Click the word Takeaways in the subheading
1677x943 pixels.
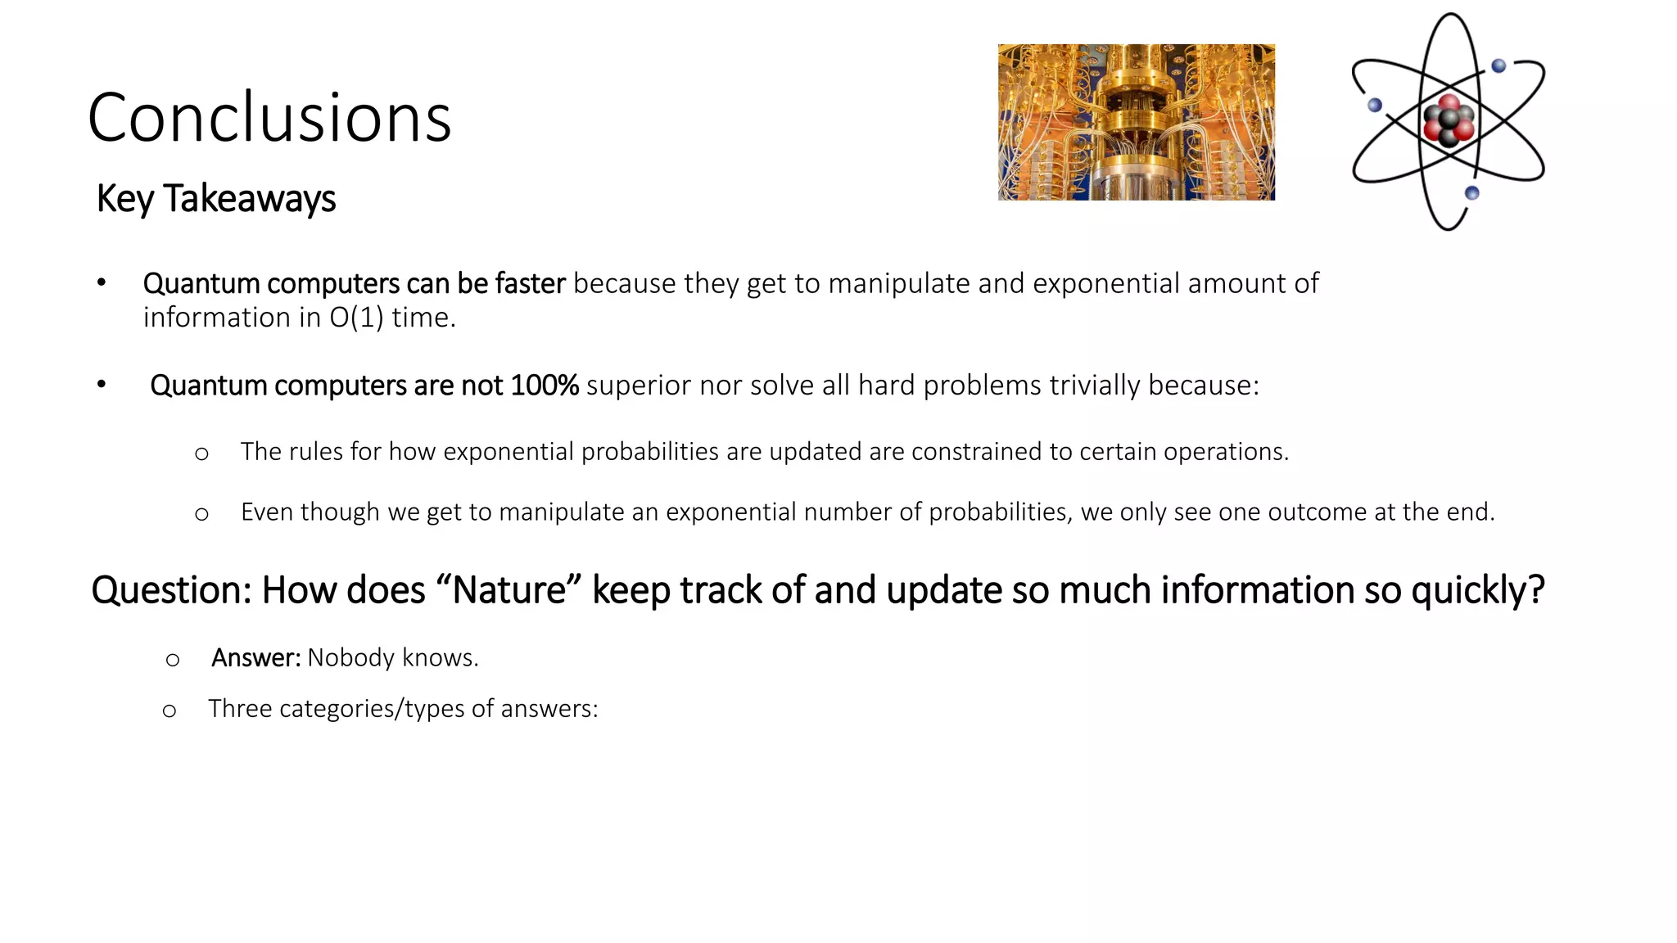point(249,199)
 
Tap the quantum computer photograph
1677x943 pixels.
point(1136,122)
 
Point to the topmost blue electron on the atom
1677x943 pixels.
point(1498,65)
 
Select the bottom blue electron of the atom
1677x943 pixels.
point(1471,193)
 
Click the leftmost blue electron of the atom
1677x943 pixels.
point(1375,105)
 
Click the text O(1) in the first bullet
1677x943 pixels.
point(356,318)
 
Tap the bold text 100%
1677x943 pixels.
point(544,386)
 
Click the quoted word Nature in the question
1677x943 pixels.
point(509,590)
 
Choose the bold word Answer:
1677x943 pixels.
point(255,658)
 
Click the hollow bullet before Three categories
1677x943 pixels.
point(170,711)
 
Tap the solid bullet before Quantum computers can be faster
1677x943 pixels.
point(101,283)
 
